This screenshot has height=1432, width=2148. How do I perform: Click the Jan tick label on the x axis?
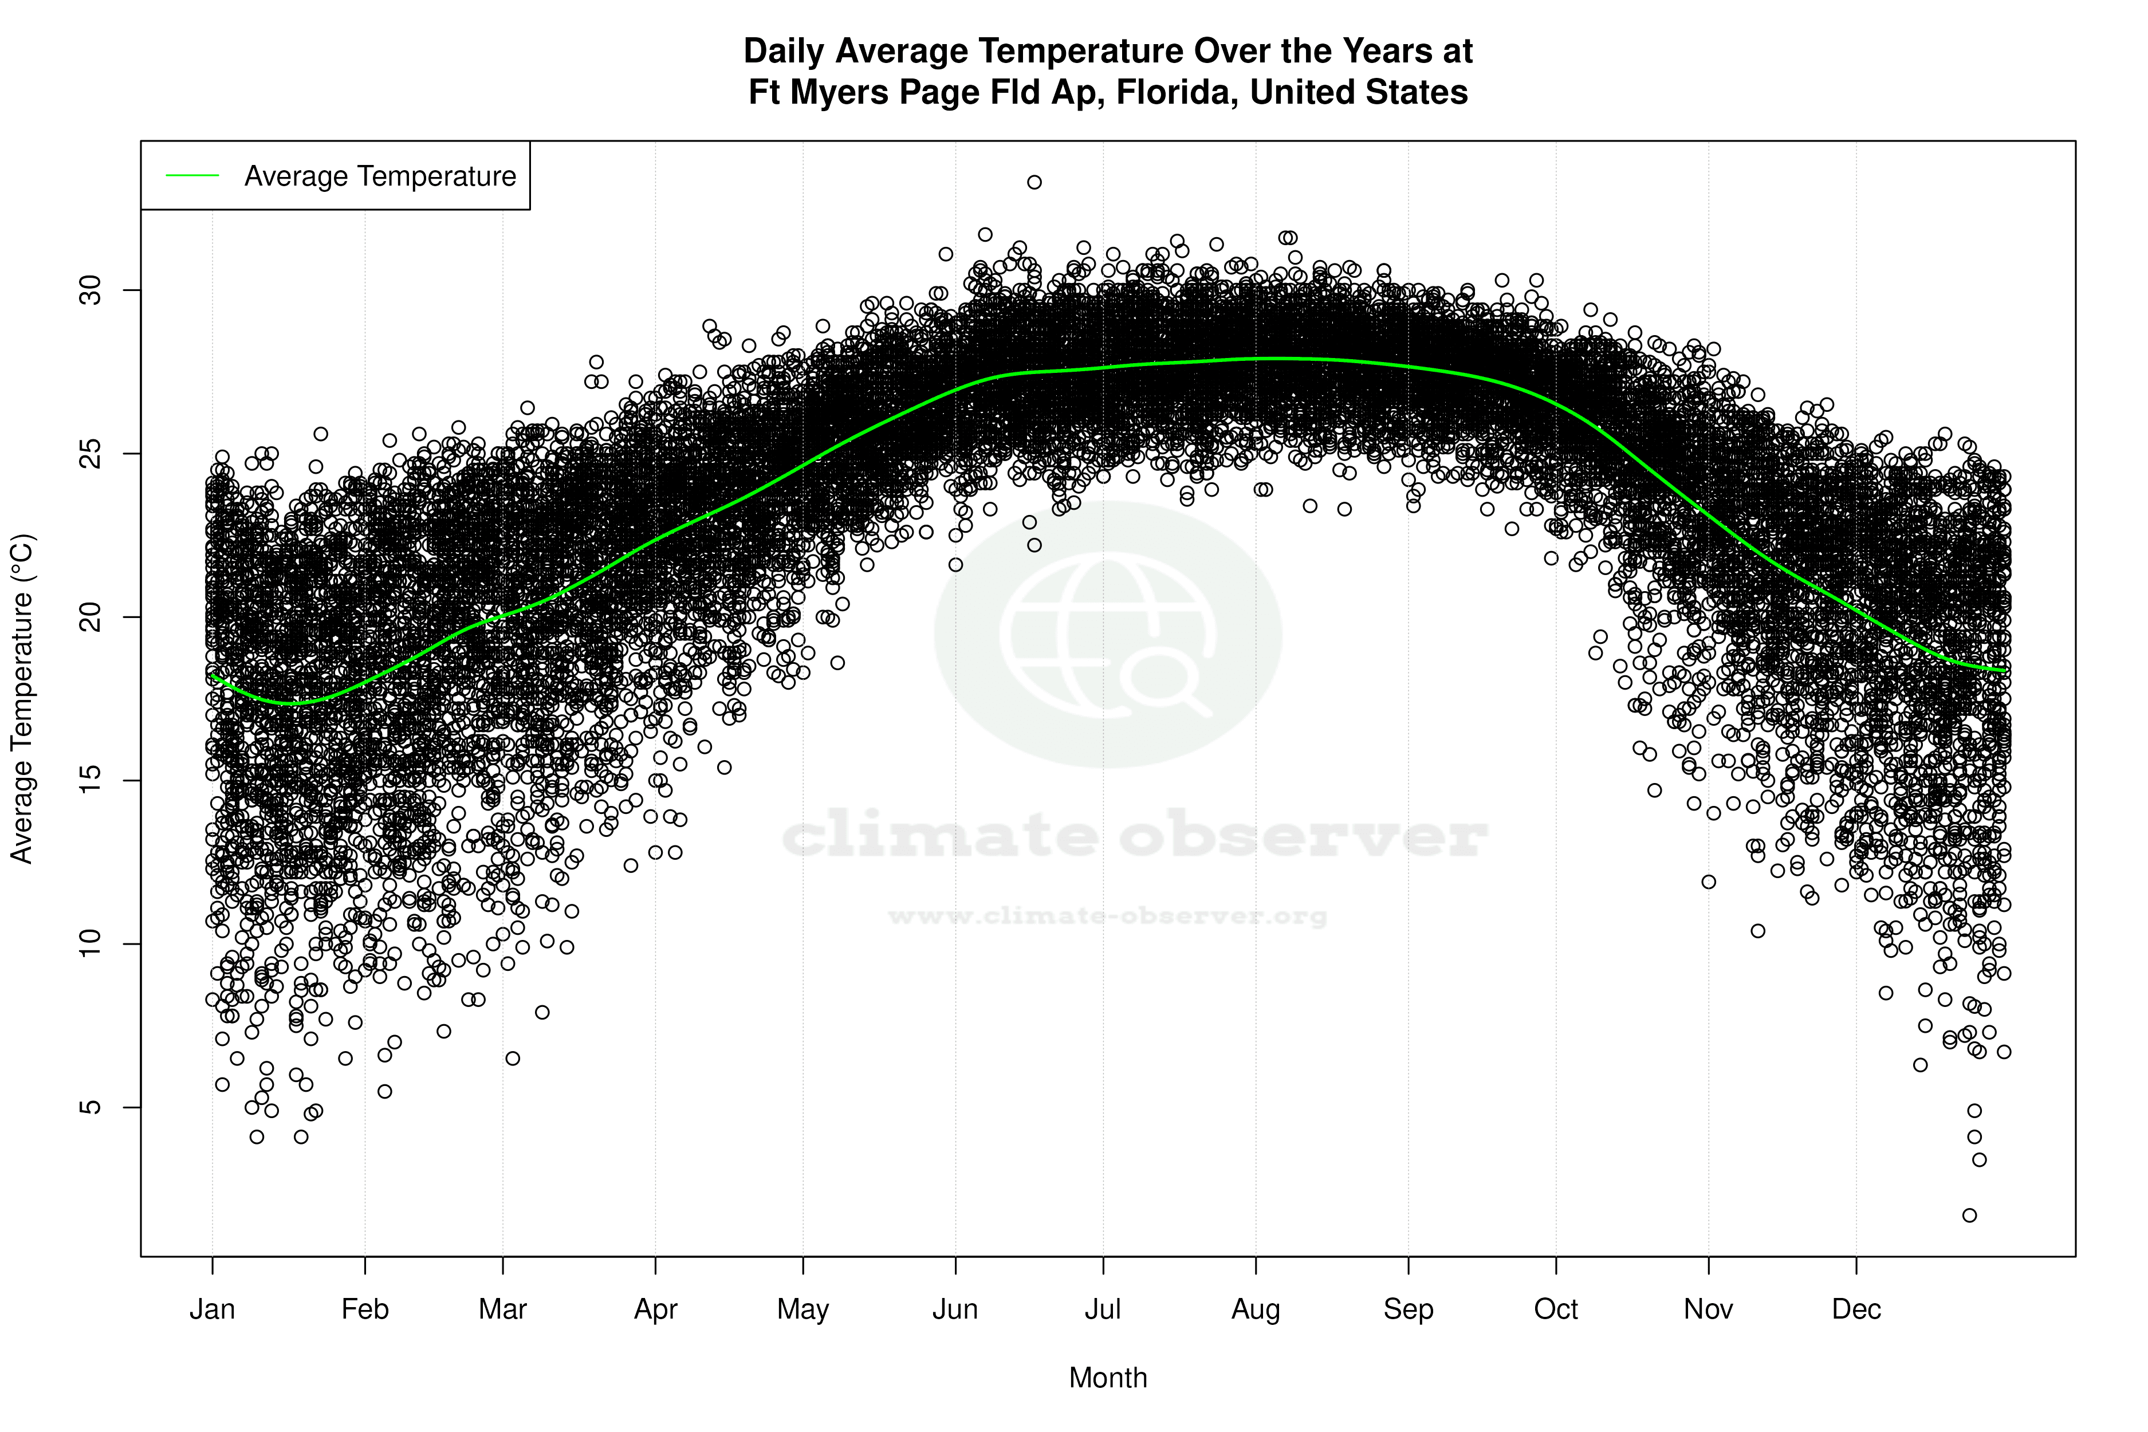pos(212,1309)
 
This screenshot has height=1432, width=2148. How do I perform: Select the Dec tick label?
pos(1856,1309)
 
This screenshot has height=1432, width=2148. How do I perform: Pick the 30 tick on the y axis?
pos(91,290)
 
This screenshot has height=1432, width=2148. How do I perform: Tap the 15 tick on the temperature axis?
pos(91,780)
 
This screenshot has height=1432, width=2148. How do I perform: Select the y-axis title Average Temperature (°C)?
pos(22,699)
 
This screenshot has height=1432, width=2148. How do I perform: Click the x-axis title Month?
pos(1108,1377)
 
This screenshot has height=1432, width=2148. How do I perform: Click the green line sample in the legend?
pos(192,175)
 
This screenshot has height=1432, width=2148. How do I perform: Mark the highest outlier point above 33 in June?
pos(1034,182)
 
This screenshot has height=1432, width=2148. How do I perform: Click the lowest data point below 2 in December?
pos(1969,1215)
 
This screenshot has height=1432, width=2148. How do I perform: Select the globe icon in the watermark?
pos(1108,634)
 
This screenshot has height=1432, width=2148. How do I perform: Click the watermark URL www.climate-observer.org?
pos(1108,915)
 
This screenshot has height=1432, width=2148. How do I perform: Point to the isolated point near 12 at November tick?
pos(1708,882)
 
